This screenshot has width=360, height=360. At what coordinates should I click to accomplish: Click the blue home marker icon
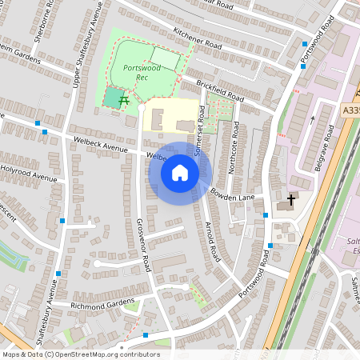coord(180,173)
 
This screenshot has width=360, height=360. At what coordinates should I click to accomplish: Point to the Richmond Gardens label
coord(103,305)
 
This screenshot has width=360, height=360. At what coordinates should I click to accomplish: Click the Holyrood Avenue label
coord(29,173)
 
